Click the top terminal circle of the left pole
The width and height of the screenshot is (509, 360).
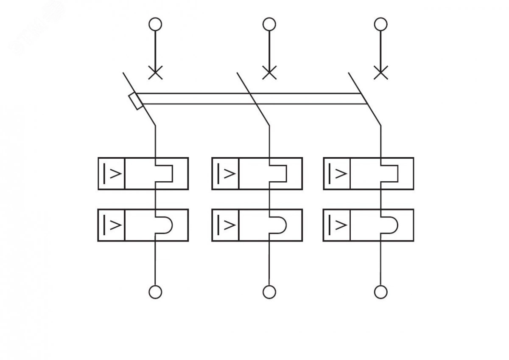pos(155,24)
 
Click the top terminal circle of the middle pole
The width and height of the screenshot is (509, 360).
pos(269,24)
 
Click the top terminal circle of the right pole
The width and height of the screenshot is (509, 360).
pos(380,24)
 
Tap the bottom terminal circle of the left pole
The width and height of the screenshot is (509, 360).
pos(155,292)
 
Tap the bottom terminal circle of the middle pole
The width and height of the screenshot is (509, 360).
pos(269,292)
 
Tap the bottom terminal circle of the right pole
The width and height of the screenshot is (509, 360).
pos(380,292)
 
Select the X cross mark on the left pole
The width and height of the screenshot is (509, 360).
pos(155,73)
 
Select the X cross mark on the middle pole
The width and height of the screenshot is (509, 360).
pos(269,73)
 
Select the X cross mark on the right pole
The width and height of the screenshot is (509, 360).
pos(380,73)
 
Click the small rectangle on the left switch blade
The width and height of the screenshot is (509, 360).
pos(136,101)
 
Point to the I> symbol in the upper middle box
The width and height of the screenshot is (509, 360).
pos(225,173)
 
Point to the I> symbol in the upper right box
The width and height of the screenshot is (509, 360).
pos(337,173)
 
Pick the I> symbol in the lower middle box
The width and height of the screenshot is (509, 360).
pos(225,225)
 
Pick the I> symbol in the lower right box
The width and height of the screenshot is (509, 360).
pos(337,225)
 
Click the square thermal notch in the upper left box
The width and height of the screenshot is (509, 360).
pos(164,173)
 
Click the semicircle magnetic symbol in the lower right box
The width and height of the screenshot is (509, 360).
pos(390,225)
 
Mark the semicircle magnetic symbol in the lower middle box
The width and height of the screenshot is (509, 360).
pos(278,225)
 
